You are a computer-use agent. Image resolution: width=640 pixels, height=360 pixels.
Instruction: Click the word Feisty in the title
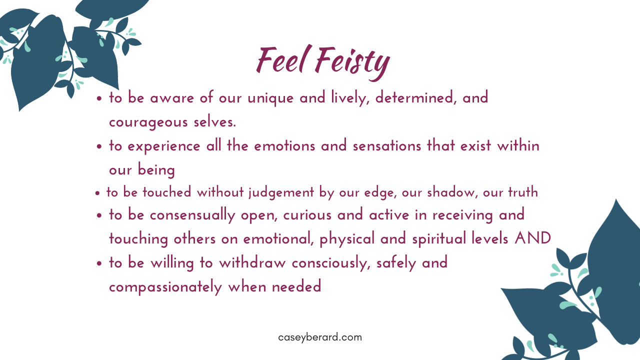[352, 63]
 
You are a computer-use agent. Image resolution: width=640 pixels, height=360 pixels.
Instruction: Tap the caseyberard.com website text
[320, 337]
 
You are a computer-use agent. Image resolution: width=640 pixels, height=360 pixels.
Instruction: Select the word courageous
[148, 122]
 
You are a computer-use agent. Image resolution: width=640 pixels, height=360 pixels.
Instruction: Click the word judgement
[281, 192]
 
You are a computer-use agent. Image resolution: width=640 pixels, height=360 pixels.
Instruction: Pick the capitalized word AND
[533, 238]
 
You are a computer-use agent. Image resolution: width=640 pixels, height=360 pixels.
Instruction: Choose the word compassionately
[165, 287]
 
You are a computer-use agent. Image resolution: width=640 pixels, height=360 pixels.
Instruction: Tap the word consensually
[192, 215]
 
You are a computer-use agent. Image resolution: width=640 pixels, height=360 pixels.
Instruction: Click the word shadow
[452, 191]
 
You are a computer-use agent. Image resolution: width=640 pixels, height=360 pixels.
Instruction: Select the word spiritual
[439, 239]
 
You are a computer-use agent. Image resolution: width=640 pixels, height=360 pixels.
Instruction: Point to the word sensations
[387, 146]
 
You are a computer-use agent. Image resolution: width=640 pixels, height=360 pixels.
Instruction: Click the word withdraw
[252, 263]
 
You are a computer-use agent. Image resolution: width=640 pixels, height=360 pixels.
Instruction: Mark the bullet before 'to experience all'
[99, 147]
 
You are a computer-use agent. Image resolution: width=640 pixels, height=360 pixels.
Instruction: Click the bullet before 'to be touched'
[97, 193]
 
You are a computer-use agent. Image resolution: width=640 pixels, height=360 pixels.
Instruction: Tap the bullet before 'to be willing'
[99, 263]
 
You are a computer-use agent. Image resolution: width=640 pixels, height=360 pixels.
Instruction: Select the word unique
[270, 98]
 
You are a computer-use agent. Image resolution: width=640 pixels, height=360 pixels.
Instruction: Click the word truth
[523, 191]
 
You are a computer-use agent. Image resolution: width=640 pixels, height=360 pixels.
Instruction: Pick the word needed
[296, 286]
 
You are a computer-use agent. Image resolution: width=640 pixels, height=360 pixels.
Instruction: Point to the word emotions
[284, 146]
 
